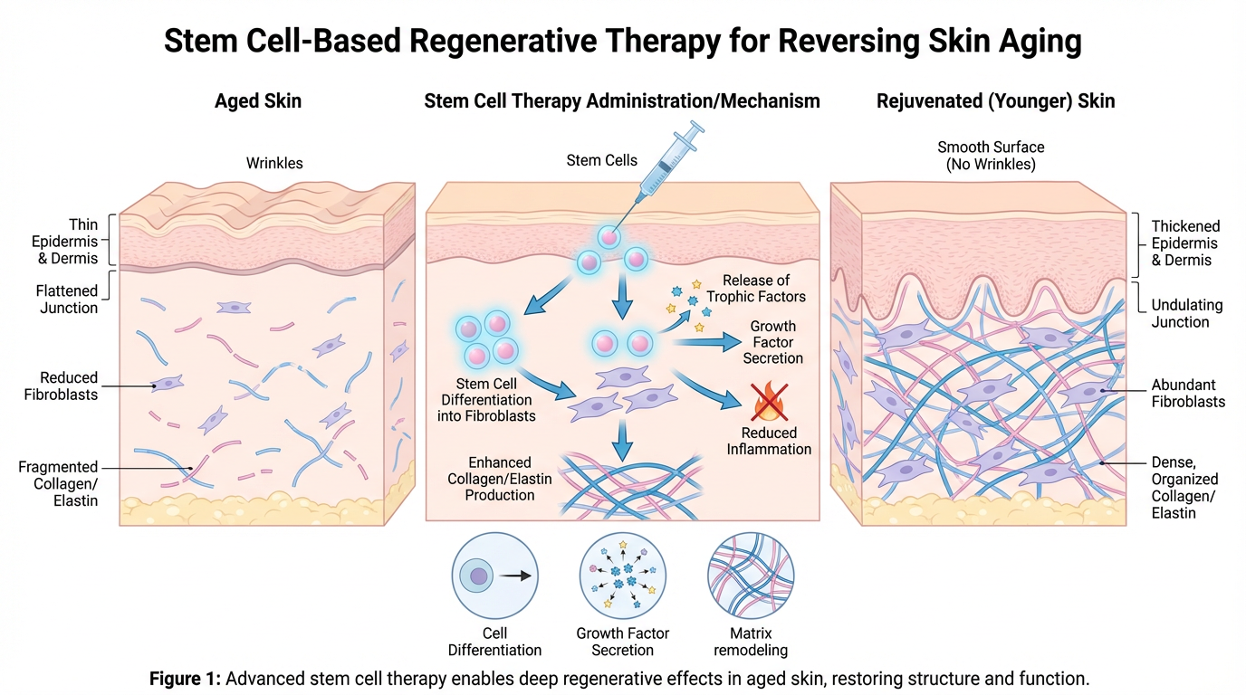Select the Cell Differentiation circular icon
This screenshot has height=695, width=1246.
494,576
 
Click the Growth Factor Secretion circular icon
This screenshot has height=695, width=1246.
622,576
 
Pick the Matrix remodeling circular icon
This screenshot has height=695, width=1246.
751,576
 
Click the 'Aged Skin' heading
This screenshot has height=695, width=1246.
258,101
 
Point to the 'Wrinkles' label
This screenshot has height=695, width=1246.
274,164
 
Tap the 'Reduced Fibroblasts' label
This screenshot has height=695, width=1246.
69,386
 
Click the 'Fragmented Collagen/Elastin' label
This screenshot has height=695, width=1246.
58,483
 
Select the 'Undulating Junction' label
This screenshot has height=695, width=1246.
1185,313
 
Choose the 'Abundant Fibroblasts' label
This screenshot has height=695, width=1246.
1188,393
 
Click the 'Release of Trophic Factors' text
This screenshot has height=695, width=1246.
763,289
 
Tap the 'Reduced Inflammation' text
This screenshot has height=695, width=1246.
769,441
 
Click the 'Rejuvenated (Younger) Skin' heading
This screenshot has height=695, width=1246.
995,101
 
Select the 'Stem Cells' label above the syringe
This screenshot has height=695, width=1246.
601,160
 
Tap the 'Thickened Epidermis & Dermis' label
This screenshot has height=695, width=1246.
1185,243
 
